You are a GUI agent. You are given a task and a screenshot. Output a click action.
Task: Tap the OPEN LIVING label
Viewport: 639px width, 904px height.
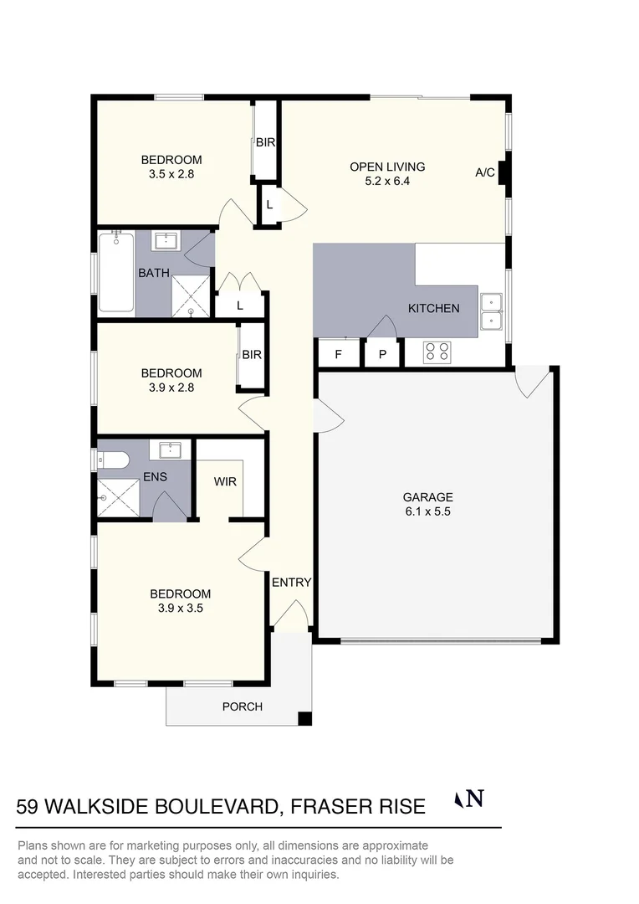(387, 167)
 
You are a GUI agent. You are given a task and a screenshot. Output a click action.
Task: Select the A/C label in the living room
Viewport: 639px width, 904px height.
(485, 173)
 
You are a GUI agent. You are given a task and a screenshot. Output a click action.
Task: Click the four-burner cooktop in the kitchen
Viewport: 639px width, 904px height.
(437, 352)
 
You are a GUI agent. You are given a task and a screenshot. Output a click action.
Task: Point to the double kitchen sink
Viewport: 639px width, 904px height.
(491, 311)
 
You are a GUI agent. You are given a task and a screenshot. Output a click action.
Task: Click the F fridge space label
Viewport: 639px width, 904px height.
(339, 354)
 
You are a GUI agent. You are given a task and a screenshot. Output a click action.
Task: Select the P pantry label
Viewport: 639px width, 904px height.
(383, 354)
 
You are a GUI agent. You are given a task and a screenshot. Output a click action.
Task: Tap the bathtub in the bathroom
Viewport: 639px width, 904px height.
(116, 272)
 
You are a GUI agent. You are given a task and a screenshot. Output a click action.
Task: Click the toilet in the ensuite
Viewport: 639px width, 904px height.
(111, 460)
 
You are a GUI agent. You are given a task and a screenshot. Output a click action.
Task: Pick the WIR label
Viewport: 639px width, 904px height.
(225, 482)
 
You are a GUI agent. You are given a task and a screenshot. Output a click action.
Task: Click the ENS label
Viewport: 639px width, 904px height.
(155, 477)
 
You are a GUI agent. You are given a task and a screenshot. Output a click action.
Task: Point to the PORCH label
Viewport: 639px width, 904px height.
(243, 706)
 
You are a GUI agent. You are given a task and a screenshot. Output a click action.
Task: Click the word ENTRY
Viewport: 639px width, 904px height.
(291, 583)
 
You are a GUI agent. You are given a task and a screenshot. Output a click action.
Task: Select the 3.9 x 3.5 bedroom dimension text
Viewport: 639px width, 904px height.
(181, 609)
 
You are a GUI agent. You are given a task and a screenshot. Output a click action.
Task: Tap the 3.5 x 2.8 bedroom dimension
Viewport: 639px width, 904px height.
(171, 175)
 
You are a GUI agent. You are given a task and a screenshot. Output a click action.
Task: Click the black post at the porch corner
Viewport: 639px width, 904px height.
(305, 718)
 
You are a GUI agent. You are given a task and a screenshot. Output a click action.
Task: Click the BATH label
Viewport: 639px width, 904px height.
(154, 273)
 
